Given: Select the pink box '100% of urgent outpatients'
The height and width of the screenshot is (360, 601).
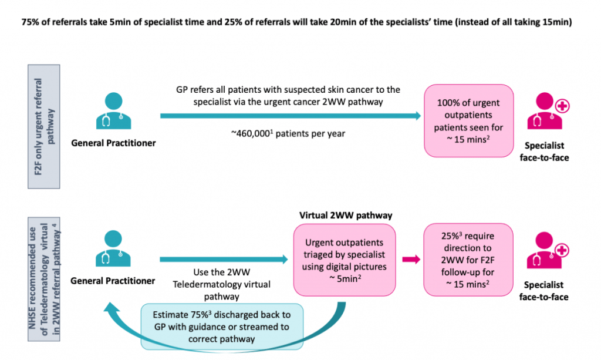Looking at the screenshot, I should [x=469, y=120].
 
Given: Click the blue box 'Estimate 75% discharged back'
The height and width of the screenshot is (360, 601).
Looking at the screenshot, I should [x=222, y=323].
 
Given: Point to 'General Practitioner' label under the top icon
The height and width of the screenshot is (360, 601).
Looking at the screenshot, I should [x=113, y=142].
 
